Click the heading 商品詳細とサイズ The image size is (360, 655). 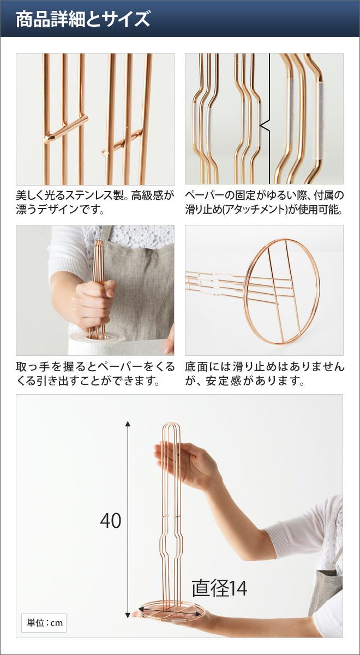coord(83,19)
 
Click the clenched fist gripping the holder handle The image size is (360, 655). coord(93,304)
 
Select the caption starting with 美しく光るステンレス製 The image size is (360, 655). coord(95,203)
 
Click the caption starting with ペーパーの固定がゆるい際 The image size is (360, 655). coord(265,203)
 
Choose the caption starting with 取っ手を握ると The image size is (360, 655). coord(95,374)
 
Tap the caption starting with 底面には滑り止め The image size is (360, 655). coord(265,374)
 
